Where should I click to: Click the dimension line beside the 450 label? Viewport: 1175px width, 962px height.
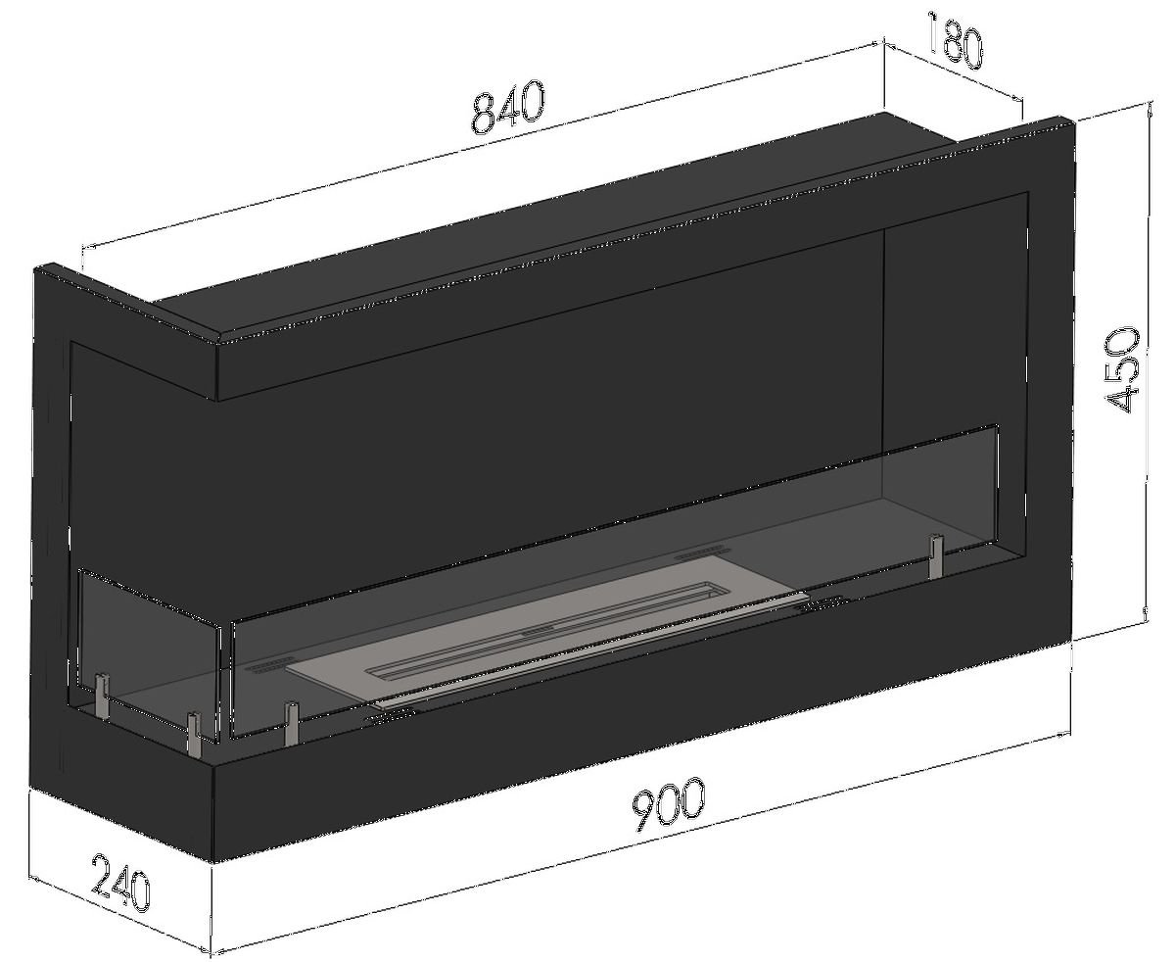coord(1146,368)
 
